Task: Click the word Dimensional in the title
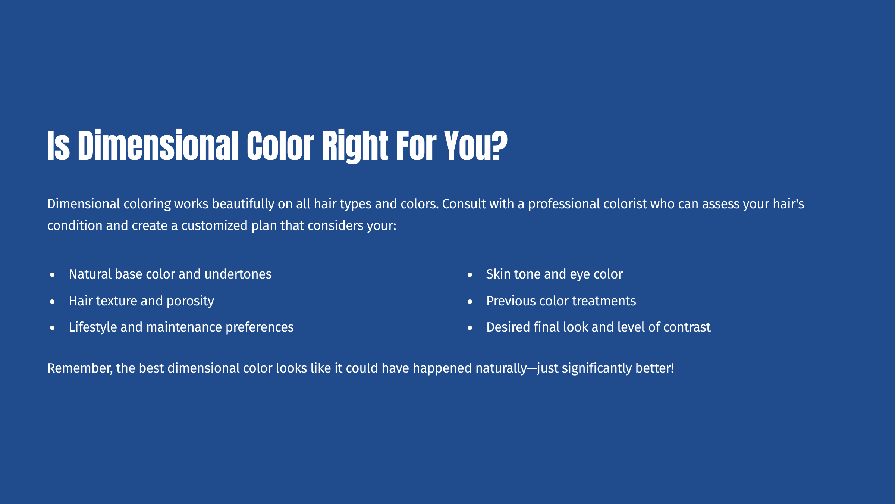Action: pos(158,146)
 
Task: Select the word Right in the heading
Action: pos(350,146)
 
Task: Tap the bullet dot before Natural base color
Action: pos(52,275)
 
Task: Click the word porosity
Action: pos(190,301)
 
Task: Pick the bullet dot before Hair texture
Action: pos(52,301)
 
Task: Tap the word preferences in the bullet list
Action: pos(260,327)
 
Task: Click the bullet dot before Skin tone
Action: pos(470,275)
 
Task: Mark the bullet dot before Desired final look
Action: pos(470,328)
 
